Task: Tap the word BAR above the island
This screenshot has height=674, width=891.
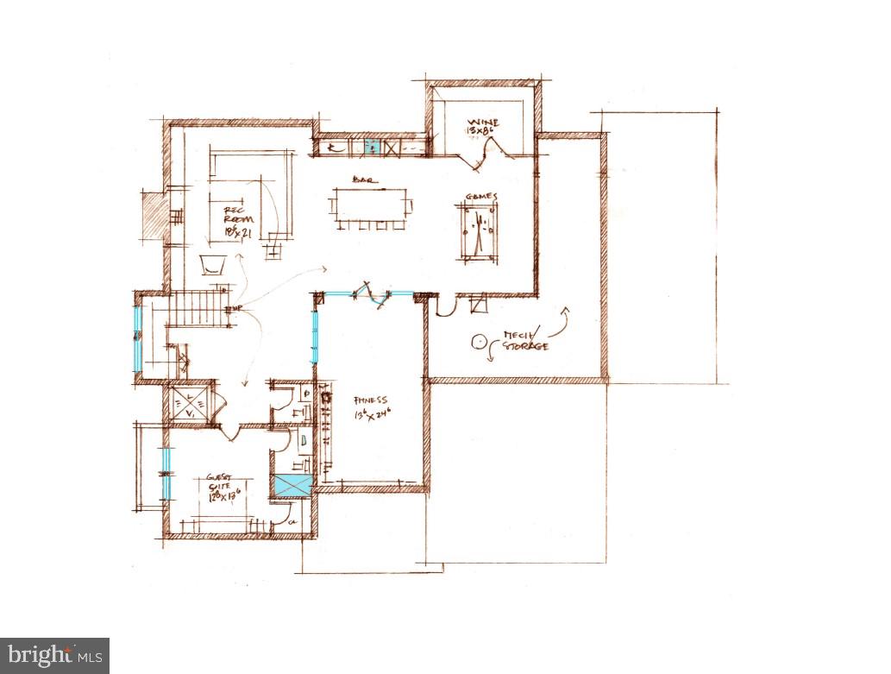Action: point(361,180)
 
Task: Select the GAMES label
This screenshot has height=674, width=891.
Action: point(481,197)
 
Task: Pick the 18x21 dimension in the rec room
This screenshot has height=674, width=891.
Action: point(236,231)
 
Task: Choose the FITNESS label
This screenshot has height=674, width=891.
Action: point(372,400)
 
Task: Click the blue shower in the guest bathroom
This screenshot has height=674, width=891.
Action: point(292,485)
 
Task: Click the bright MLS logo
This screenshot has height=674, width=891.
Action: point(54,655)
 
